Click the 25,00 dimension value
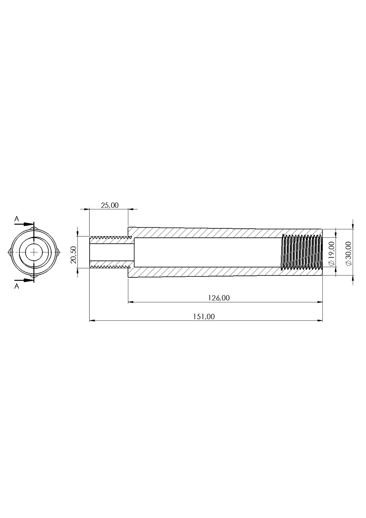(109, 205)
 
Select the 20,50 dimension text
(74, 255)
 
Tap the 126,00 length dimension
(219, 298)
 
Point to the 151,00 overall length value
(204, 316)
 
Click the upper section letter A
(17, 219)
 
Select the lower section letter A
(17, 286)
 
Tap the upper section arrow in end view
(24, 224)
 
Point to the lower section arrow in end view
(24, 280)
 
